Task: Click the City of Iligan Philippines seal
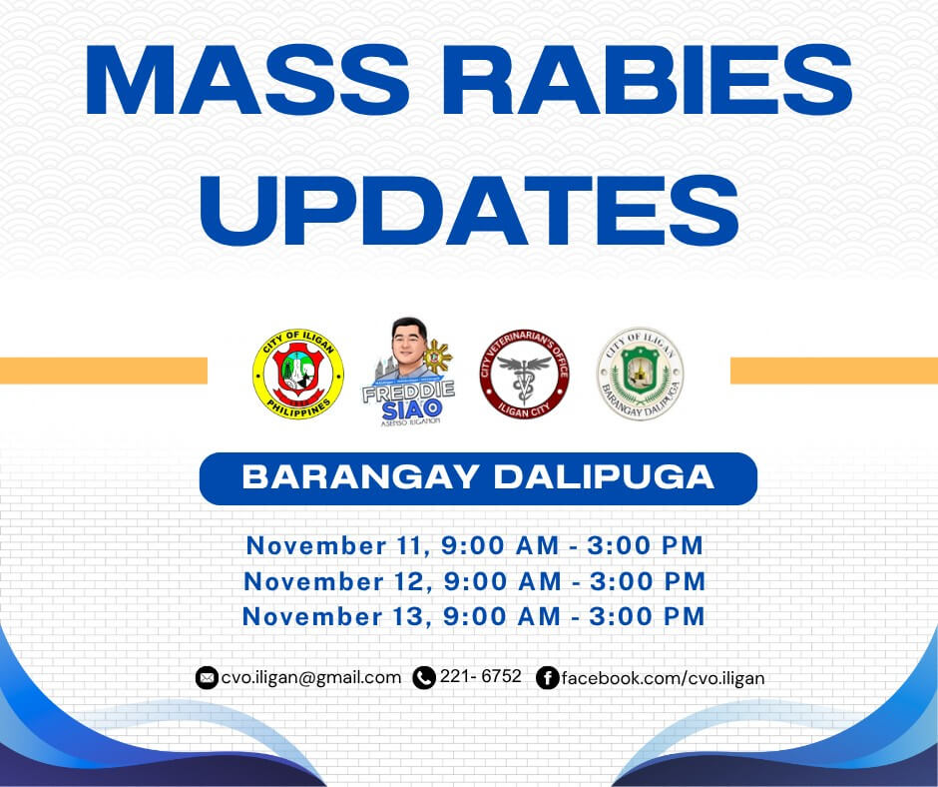(x=297, y=374)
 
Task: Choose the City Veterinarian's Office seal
(x=524, y=374)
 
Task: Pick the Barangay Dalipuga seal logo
(x=640, y=374)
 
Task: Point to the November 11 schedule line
(x=475, y=546)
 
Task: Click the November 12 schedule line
(x=475, y=581)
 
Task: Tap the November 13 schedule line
(x=475, y=616)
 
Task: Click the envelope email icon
(x=207, y=678)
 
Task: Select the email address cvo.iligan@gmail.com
(x=311, y=678)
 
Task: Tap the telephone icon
(x=424, y=678)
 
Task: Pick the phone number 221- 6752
(x=481, y=676)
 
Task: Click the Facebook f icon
(x=547, y=678)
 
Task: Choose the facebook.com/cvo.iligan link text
(x=663, y=678)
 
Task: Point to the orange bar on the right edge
(x=834, y=371)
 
